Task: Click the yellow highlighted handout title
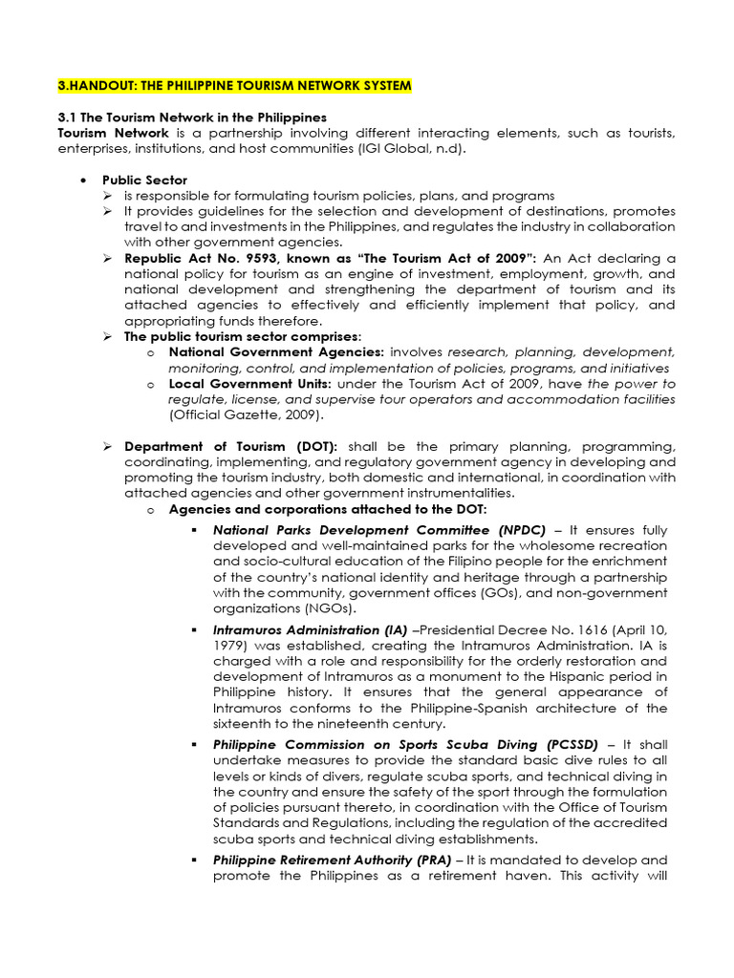click(235, 86)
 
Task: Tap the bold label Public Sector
click(145, 180)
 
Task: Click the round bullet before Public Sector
click(85, 181)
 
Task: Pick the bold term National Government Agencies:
click(276, 351)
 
